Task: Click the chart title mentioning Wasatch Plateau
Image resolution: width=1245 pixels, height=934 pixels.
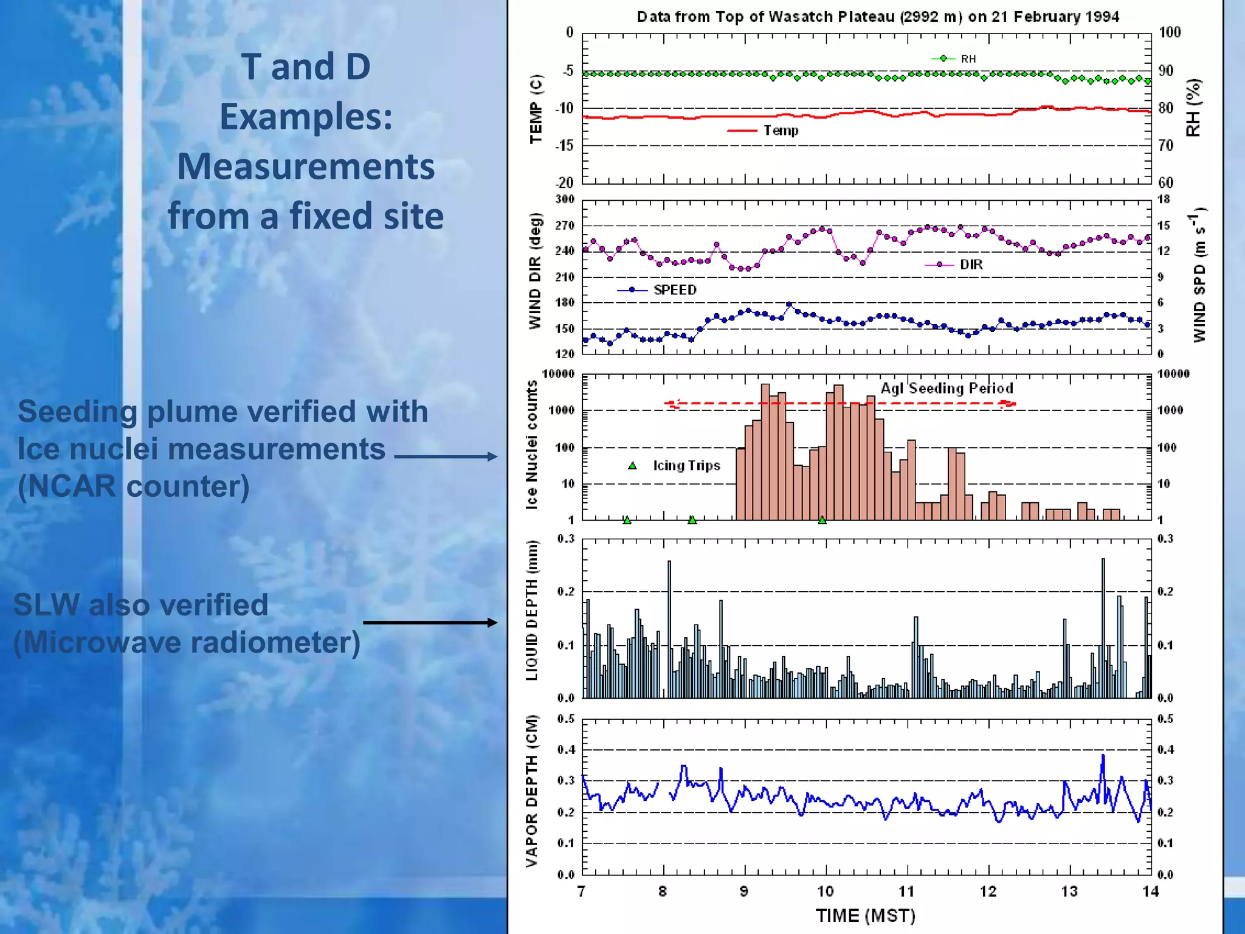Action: pyautogui.click(x=877, y=16)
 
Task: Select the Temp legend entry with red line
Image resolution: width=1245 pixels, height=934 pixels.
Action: pyautogui.click(x=764, y=130)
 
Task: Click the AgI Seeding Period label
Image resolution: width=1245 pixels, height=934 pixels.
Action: pyautogui.click(x=947, y=388)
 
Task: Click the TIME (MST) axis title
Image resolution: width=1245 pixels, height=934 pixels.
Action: pyautogui.click(x=865, y=915)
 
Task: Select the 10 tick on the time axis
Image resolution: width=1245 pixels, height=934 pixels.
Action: pyautogui.click(x=825, y=891)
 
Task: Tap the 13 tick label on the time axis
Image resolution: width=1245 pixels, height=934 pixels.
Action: pyautogui.click(x=1069, y=891)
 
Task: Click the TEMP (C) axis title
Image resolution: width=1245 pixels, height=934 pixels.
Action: pyautogui.click(x=536, y=109)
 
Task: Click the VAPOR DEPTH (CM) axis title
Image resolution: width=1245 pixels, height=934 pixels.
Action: pyautogui.click(x=532, y=790)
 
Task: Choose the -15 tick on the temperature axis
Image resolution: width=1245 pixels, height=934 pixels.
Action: pyautogui.click(x=564, y=145)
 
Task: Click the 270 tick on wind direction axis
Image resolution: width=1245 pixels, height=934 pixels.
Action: pyautogui.click(x=564, y=226)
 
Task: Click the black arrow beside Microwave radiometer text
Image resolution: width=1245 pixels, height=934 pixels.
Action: pyautogui.click(x=430, y=622)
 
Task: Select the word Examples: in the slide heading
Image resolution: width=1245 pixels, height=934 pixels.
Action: pyautogui.click(x=306, y=116)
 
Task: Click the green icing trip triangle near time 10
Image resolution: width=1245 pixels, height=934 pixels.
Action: pyautogui.click(x=822, y=520)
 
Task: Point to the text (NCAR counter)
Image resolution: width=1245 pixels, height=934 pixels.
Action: pyautogui.click(x=134, y=486)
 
